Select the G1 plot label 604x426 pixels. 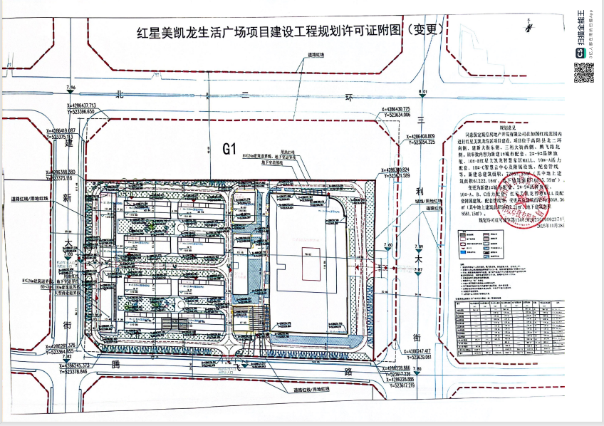point(229,149)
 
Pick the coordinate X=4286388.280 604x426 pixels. point(71,172)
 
